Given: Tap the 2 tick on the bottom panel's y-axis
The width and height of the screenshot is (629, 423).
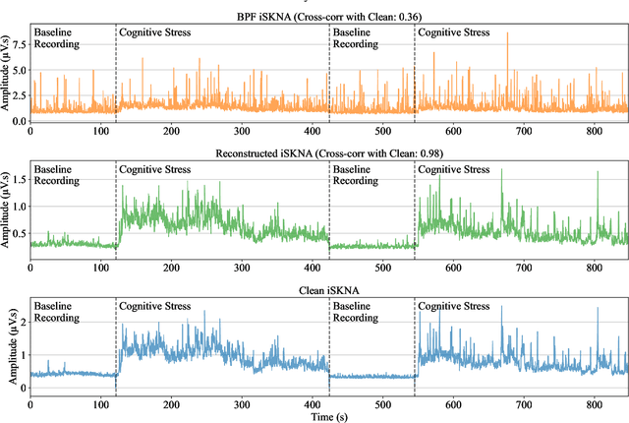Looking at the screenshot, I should [23, 322].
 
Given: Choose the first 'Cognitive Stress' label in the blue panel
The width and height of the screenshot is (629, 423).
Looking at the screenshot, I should [154, 307].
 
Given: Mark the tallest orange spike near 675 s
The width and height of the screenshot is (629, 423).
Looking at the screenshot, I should [507, 34].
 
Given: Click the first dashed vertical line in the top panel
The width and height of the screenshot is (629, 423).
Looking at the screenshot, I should [115, 69].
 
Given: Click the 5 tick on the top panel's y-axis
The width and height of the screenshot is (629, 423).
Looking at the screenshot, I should [23, 71].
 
